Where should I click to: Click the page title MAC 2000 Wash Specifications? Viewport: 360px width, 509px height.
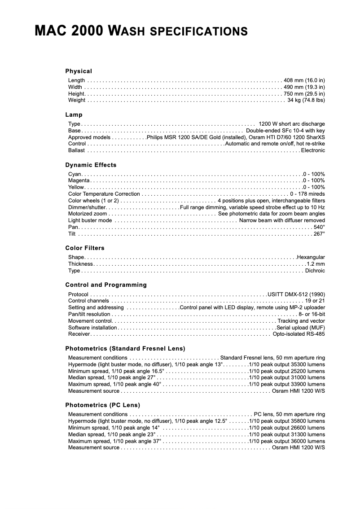[x=141, y=31]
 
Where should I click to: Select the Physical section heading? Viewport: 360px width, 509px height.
[x=79, y=71]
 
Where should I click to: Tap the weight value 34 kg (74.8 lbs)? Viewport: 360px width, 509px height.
[x=306, y=100]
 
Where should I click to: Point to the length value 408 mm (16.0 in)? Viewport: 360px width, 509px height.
[x=304, y=80]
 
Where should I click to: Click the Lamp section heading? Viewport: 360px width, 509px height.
[x=74, y=114]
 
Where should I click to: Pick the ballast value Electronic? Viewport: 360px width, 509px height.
[x=313, y=150]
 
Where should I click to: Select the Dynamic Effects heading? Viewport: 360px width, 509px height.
[x=91, y=165]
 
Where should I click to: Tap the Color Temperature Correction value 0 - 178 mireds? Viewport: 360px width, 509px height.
[x=307, y=194]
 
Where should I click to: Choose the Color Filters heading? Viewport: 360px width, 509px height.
[x=85, y=248]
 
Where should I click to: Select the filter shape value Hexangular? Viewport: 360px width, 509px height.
[x=311, y=257]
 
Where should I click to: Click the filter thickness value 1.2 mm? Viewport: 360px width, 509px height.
[x=316, y=264]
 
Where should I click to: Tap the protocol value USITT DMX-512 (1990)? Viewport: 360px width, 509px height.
[x=296, y=294]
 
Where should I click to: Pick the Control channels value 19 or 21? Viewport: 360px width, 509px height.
[x=315, y=301]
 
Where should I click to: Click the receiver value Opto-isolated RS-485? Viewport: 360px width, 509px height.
[x=299, y=334]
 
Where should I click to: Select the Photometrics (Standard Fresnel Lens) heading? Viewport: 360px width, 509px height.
[x=125, y=348]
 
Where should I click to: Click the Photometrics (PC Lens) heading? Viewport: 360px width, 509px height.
[x=103, y=405]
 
